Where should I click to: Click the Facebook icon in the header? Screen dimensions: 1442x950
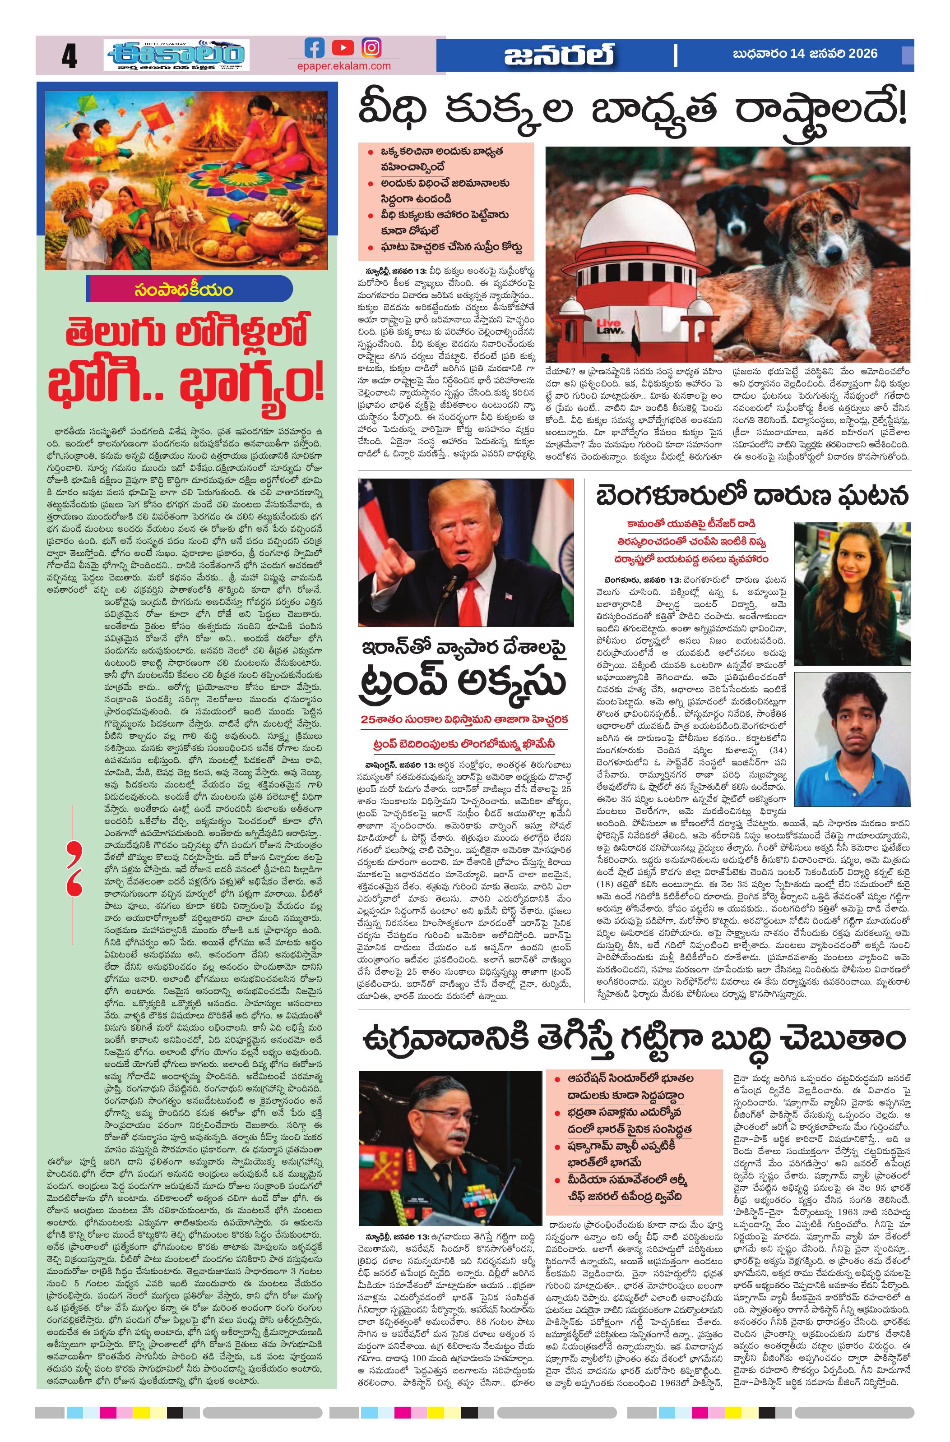(314, 48)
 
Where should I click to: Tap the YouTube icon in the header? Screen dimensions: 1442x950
(343, 48)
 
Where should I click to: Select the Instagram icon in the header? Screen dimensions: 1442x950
(371, 48)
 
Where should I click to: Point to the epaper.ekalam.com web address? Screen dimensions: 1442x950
(344, 66)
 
